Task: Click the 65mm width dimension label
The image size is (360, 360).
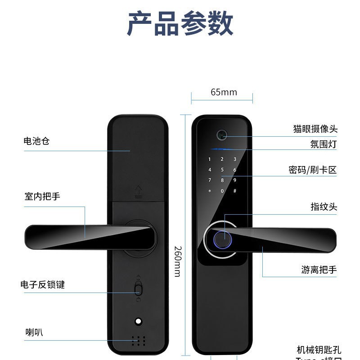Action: click(x=224, y=92)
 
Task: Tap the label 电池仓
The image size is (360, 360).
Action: click(x=36, y=141)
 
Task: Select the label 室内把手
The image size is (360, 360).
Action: click(x=42, y=197)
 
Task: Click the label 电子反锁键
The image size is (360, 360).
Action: click(x=42, y=285)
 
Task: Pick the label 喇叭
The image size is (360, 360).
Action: click(x=34, y=333)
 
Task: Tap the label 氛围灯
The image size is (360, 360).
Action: click(x=323, y=144)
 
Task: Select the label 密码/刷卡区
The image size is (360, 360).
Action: click(x=313, y=170)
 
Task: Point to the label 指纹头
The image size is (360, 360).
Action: click(x=324, y=207)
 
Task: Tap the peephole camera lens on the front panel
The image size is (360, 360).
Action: click(x=221, y=135)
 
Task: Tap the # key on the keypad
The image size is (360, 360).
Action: click(x=234, y=191)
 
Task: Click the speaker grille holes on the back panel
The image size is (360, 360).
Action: click(x=138, y=342)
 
